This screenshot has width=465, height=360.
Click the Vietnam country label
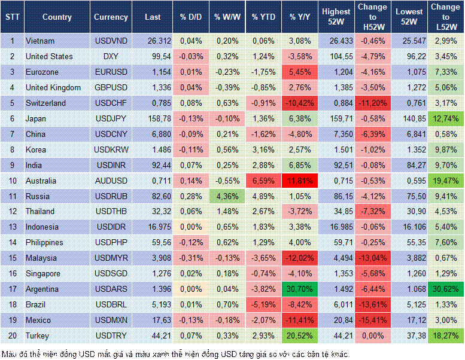click(x=41, y=41)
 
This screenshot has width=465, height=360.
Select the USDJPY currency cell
click(x=110, y=118)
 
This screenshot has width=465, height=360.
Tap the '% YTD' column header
click(x=262, y=17)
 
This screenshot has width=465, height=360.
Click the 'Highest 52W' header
click(x=336, y=17)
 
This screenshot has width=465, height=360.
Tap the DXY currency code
click(x=110, y=56)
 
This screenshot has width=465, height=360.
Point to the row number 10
click(x=11, y=181)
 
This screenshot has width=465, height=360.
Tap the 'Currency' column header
click(x=111, y=17)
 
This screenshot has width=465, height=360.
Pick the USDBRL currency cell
click(x=110, y=304)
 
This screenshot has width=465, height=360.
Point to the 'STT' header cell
click(x=11, y=17)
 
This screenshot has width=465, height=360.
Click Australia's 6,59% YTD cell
click(x=263, y=181)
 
